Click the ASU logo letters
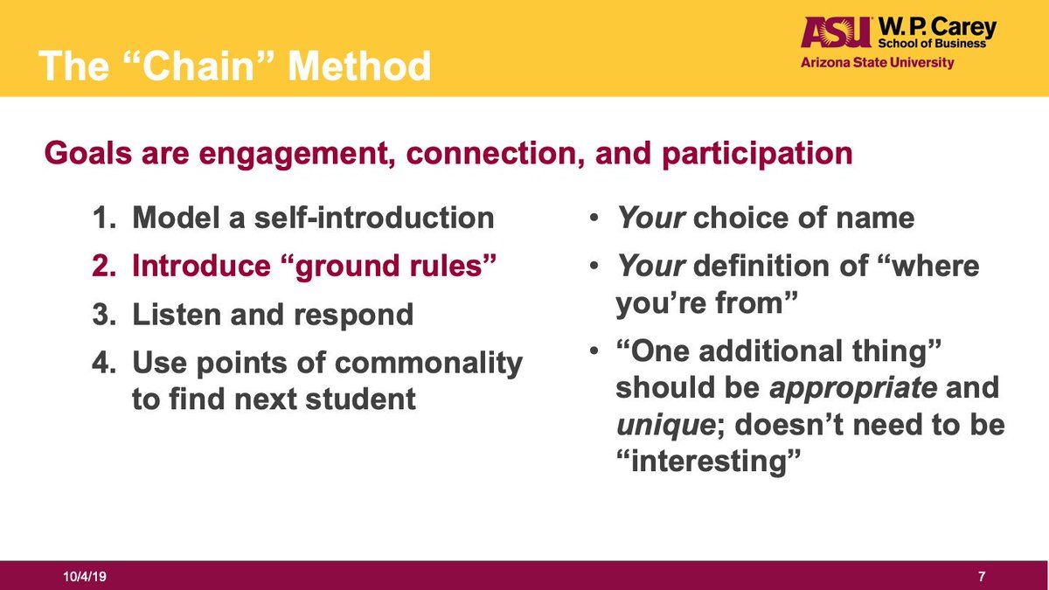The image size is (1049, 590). pyautogui.click(x=836, y=32)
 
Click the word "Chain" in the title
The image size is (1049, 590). pyautogui.click(x=198, y=66)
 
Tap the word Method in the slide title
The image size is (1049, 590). pyautogui.click(x=359, y=66)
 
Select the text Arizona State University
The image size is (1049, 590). pyautogui.click(x=877, y=63)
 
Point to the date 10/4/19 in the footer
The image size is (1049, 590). pyautogui.click(x=85, y=576)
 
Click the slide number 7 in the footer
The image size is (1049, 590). pyautogui.click(x=982, y=576)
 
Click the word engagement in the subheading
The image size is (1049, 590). pyautogui.click(x=296, y=154)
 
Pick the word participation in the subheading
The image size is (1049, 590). pyautogui.click(x=757, y=154)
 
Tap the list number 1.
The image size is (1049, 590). pyautogui.click(x=104, y=219)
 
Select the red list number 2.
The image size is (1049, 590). pyautogui.click(x=104, y=266)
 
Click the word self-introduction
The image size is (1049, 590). pyautogui.click(x=374, y=219)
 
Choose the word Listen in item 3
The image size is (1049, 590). pyautogui.click(x=177, y=314)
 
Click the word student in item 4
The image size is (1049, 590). pyautogui.click(x=360, y=399)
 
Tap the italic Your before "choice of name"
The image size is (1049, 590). pyautogui.click(x=651, y=219)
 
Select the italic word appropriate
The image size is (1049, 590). pyautogui.click(x=853, y=389)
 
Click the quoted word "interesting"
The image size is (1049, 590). pyautogui.click(x=709, y=462)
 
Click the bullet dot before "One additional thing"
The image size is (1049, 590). pyautogui.click(x=594, y=351)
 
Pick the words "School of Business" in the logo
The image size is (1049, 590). pyautogui.click(x=932, y=44)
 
